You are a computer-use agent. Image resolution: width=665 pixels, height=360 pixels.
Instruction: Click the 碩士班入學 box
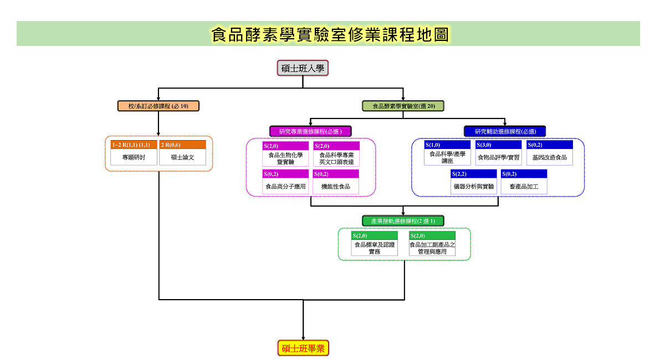point(303,68)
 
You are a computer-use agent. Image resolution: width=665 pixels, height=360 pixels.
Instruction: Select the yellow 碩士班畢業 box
point(303,348)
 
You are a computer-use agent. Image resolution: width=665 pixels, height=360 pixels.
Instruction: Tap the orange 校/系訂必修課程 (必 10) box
point(158,106)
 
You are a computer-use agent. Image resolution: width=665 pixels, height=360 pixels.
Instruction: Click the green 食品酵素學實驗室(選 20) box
point(403,106)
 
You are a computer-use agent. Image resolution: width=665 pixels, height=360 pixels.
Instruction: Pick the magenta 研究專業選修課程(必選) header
point(310,131)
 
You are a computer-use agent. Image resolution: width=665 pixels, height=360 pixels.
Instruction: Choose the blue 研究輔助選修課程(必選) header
point(505,131)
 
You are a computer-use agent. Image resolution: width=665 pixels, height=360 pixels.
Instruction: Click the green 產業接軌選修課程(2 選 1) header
point(403,221)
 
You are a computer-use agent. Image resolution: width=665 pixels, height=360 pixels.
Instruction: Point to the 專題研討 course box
point(134,152)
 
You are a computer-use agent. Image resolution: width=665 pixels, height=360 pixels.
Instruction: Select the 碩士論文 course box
point(182,152)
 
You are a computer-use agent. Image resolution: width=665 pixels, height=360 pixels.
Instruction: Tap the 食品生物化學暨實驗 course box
point(285,154)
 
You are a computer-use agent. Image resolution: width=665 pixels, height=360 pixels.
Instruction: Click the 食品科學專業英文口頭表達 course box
point(336,154)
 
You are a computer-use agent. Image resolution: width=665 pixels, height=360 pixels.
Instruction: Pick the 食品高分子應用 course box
point(285,182)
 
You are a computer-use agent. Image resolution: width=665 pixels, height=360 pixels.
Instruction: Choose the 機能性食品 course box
point(336,182)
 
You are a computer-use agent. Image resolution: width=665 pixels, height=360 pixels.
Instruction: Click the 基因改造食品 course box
point(550,152)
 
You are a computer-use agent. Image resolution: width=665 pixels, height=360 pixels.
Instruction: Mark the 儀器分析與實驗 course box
point(474,182)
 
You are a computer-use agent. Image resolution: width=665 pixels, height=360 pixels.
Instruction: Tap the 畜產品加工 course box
point(524,182)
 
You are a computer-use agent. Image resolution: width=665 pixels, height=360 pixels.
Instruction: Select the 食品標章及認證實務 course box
point(375,243)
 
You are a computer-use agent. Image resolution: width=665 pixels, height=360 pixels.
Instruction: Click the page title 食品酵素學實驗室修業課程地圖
point(330,34)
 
